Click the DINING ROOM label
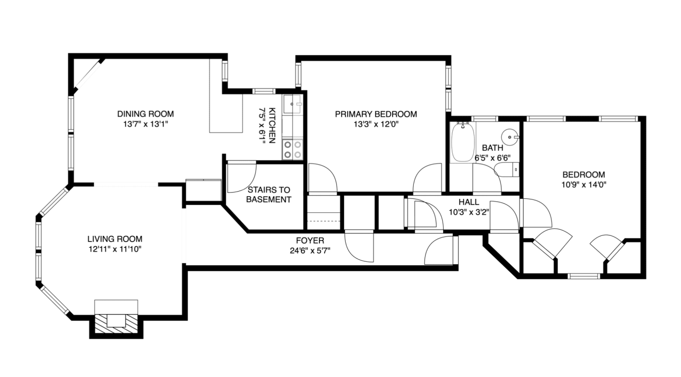click(x=145, y=114)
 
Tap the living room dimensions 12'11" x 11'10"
click(x=115, y=249)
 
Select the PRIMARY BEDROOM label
click(x=376, y=114)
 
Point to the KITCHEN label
click(x=272, y=125)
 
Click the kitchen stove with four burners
click(x=293, y=150)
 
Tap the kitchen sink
click(x=293, y=104)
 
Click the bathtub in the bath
click(x=462, y=142)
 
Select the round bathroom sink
click(x=510, y=137)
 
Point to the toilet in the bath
click(x=507, y=169)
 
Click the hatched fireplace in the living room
click(x=116, y=324)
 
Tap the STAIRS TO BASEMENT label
click(x=269, y=195)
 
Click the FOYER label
click(x=310, y=241)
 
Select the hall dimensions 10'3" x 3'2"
click(x=469, y=212)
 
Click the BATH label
click(x=493, y=148)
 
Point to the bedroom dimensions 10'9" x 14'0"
click(x=583, y=184)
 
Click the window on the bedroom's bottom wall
click(x=583, y=276)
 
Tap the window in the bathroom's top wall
click(x=484, y=118)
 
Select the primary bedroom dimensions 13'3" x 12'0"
click(x=376, y=124)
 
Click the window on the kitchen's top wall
click(x=264, y=91)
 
